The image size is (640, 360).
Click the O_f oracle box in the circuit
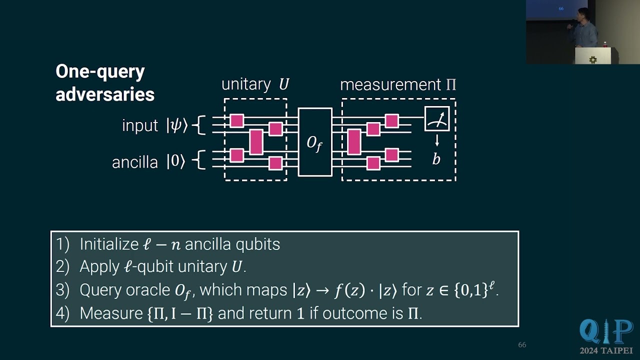pyautogui.click(x=315, y=142)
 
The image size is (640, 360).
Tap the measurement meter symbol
pyautogui.click(x=437, y=119)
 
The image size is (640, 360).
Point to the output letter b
pyautogui.click(x=436, y=159)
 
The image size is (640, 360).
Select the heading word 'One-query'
pyautogui.click(x=100, y=71)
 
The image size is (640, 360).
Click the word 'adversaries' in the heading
pyautogui.click(x=105, y=94)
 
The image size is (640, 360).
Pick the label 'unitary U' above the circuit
pyautogui.click(x=255, y=84)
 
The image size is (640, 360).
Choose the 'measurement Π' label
pyautogui.click(x=398, y=84)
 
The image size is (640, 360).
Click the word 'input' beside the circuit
pyautogui.click(x=140, y=125)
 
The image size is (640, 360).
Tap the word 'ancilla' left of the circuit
pyautogui.click(x=135, y=162)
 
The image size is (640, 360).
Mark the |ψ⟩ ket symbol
pyautogui.click(x=177, y=125)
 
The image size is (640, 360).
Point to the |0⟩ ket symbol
pyautogui.click(x=176, y=162)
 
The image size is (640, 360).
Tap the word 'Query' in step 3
pyautogui.click(x=100, y=290)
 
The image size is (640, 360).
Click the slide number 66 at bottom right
pyautogui.click(x=522, y=345)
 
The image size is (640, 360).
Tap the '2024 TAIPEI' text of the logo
pyautogui.click(x=606, y=350)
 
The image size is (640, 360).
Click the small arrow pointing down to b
pyautogui.click(x=437, y=140)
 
